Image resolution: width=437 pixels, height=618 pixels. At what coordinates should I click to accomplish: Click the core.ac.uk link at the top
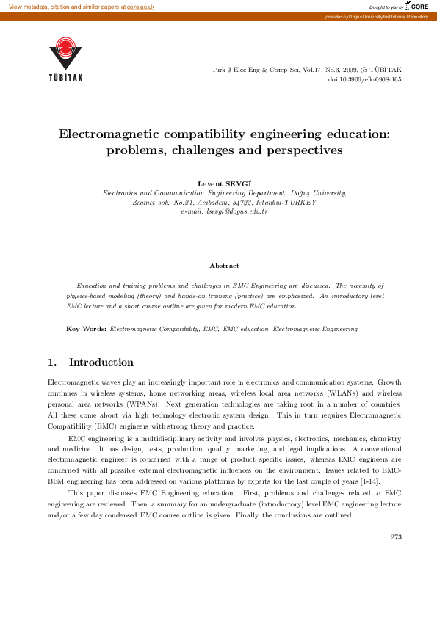click(x=140, y=6)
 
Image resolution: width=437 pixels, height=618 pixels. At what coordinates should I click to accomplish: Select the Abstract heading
click(x=224, y=266)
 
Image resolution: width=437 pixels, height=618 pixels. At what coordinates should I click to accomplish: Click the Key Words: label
click(x=86, y=330)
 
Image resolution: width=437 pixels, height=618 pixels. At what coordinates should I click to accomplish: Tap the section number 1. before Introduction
click(x=51, y=362)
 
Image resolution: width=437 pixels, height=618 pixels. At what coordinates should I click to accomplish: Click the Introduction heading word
click(x=101, y=362)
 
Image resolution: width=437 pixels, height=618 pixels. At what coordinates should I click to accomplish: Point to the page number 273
click(x=396, y=537)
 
